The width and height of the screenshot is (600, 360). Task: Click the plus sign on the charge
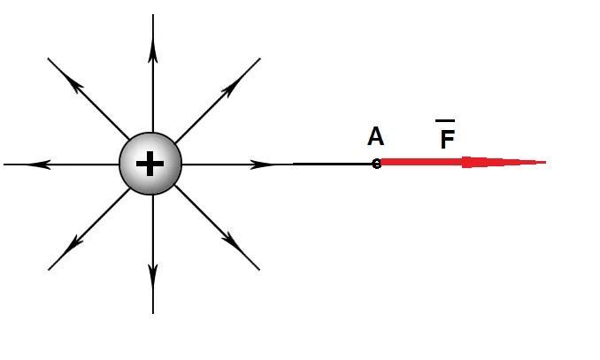pos(150,164)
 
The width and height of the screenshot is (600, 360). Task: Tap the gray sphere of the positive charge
pos(150,164)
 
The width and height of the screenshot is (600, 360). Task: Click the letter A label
pos(375,136)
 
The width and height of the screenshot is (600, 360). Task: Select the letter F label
pos(447,139)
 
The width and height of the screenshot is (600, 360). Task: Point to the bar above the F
pos(445,121)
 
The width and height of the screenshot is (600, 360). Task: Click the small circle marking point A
pos(376,165)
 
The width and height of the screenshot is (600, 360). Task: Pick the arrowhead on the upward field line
pos(153,51)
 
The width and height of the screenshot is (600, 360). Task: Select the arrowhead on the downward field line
pos(153,276)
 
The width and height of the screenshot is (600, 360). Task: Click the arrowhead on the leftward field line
pos(39,165)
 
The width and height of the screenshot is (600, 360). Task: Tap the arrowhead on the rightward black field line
pos(262,165)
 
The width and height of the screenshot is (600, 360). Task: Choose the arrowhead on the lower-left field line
pos(73,245)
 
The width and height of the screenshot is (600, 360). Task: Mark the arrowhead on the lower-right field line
pos(231,241)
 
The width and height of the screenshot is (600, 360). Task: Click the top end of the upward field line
pos(153,14)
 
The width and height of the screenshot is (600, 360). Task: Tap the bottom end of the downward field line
pos(153,314)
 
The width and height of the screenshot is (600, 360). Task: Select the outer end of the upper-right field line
pos(260,58)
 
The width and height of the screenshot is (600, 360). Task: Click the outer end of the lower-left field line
pos(49,270)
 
